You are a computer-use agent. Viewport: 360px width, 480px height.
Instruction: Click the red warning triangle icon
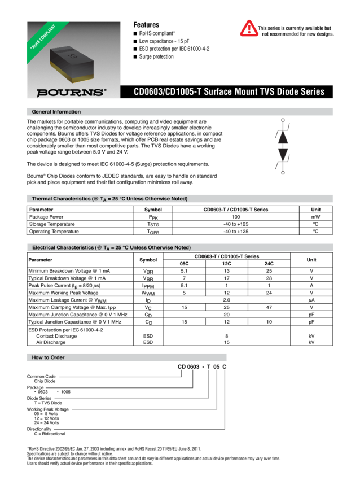pos(249,28)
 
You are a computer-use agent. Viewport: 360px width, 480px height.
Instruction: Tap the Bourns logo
pos(71,92)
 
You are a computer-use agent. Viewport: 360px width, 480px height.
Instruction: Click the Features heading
pos(146,25)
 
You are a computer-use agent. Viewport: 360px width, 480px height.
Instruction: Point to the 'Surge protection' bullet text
pos(156,56)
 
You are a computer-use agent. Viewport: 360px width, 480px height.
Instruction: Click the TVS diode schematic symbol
pos(283,146)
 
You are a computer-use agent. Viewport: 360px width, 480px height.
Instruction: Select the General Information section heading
pos(56,112)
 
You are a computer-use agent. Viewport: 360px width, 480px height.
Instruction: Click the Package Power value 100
pos(236,217)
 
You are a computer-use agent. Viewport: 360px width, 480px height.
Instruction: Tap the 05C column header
pos(184,264)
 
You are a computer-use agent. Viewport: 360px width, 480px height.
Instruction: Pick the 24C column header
pos(269,264)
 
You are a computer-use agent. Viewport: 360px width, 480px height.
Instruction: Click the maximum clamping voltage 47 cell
pos(269,307)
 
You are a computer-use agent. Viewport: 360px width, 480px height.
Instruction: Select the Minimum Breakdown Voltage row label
pos(69,271)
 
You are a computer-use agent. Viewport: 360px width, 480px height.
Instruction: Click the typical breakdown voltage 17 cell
pos(226,278)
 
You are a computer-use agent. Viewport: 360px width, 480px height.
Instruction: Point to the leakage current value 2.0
pos(226,300)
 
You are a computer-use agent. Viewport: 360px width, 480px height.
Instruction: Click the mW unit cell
pos(315,217)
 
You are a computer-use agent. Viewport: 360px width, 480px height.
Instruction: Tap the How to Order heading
pos(48,357)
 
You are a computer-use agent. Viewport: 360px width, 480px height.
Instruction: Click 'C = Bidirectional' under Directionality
pos(50,434)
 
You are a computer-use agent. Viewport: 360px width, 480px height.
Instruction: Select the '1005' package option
pos(65,392)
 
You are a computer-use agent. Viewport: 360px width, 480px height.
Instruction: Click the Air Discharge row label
pos(51,342)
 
